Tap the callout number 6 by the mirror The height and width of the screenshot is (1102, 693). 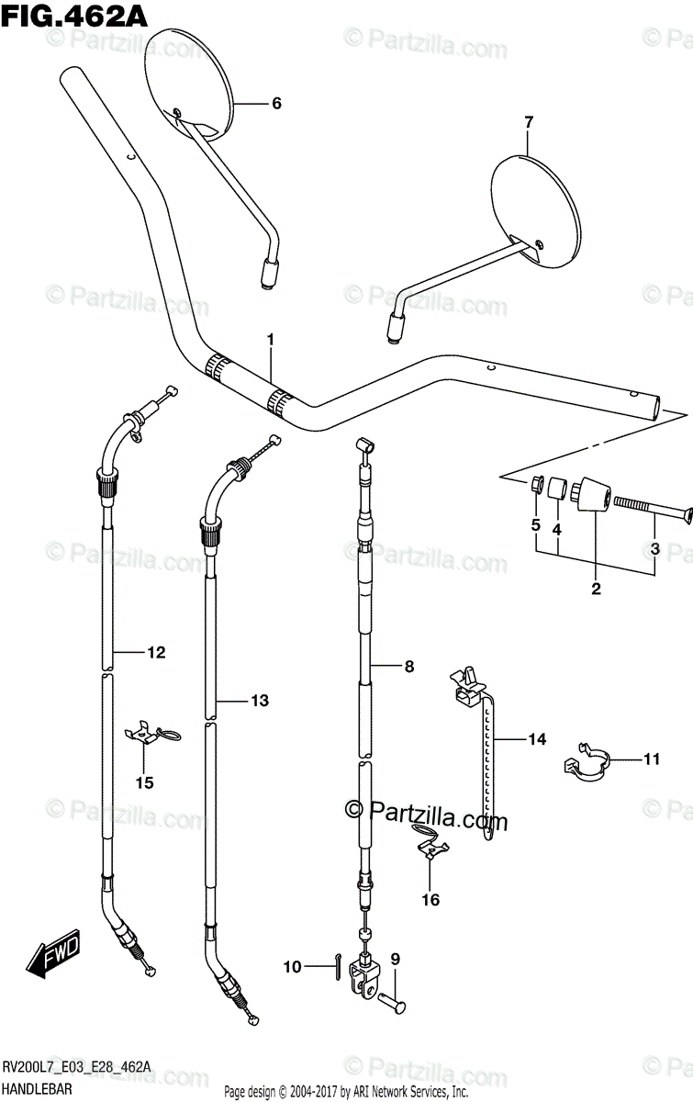275,104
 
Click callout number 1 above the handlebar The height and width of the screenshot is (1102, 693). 272,341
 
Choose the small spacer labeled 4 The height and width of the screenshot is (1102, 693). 555,486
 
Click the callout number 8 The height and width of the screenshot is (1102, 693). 409,668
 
